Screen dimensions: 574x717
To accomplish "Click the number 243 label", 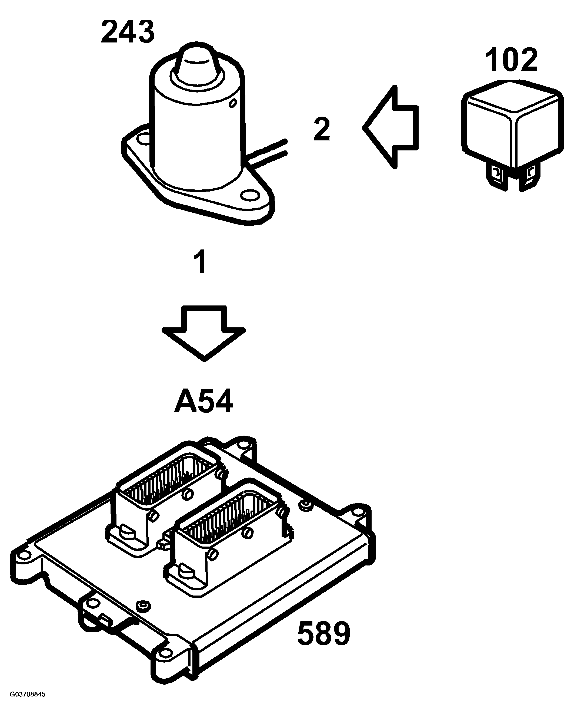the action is [128, 32].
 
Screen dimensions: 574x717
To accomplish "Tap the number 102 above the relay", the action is [512, 60].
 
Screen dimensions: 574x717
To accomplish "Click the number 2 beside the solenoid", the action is [322, 129].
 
